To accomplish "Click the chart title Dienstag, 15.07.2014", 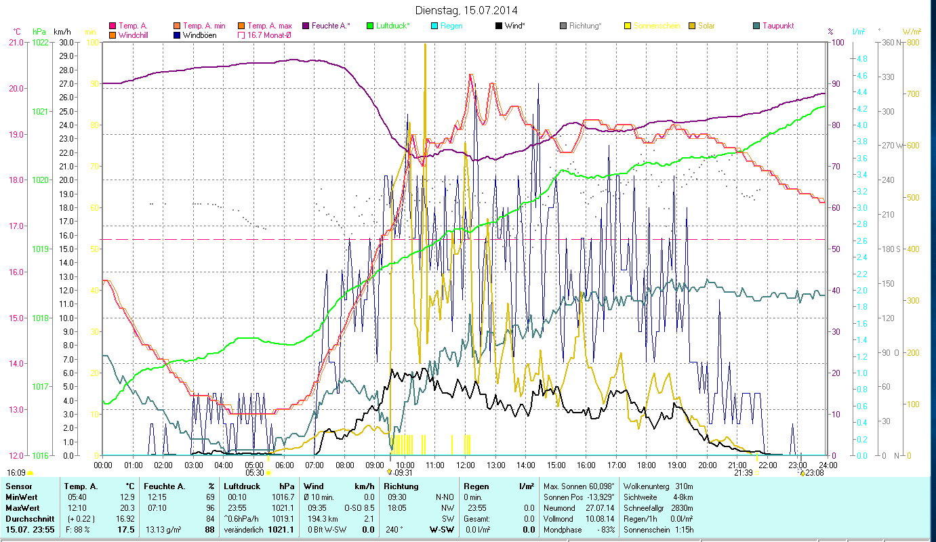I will coord(468,10).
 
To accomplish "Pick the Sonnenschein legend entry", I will coord(657,26).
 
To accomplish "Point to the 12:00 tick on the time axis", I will coord(465,465).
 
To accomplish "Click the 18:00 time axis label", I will coord(647,465).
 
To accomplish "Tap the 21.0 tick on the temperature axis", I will coord(16,43).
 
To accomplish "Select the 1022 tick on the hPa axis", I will coord(40,43).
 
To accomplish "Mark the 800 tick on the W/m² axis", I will coord(912,43).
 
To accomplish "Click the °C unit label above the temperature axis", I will coord(17,32).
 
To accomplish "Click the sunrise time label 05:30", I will coord(255,473).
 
